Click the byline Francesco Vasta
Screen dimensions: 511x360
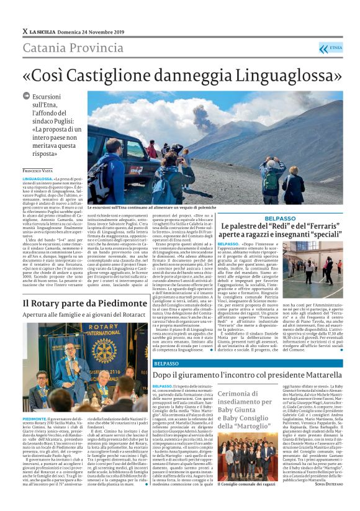pyautogui.click(x=38, y=170)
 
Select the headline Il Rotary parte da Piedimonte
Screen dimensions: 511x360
pyautogui.click(x=81, y=302)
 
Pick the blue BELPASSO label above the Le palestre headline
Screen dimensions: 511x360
pyautogui.click(x=263, y=219)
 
